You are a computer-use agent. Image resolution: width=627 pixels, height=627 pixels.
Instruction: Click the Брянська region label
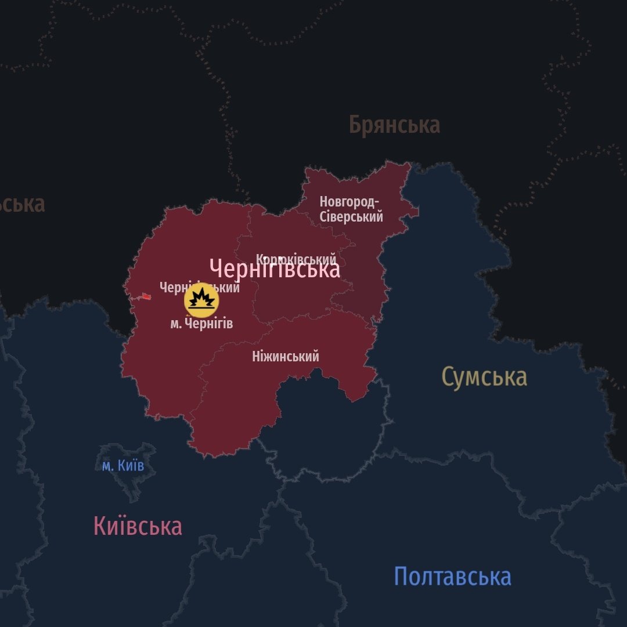(x=394, y=125)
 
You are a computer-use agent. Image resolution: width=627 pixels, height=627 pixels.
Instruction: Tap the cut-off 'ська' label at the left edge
(x=22, y=204)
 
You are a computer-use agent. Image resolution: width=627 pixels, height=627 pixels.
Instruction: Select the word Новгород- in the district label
(x=349, y=202)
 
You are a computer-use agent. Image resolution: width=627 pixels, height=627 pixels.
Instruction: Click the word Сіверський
(x=351, y=217)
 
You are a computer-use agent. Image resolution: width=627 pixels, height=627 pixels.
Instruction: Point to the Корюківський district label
(x=296, y=259)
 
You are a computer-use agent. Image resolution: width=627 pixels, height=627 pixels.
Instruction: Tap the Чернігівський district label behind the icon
(x=199, y=287)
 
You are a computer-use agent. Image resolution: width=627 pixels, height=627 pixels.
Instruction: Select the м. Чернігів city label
(x=201, y=324)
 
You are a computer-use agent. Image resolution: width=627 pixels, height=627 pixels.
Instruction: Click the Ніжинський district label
(x=286, y=356)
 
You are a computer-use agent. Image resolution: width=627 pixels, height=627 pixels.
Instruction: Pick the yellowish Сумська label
(x=484, y=376)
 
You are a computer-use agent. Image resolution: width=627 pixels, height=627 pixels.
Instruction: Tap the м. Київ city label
(x=123, y=466)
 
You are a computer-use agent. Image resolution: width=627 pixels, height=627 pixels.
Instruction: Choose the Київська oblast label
(x=138, y=526)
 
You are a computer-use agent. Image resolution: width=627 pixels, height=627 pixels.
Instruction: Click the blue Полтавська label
(x=452, y=577)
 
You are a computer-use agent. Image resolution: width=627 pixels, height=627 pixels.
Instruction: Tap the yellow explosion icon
(x=201, y=300)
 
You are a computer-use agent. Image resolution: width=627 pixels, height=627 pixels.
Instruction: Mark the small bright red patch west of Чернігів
(x=146, y=296)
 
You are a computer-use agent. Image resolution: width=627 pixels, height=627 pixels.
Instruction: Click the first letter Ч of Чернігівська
(x=216, y=269)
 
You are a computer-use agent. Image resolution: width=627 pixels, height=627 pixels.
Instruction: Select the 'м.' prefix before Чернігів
(x=175, y=324)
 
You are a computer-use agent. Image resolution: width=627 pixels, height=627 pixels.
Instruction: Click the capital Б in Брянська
(x=356, y=125)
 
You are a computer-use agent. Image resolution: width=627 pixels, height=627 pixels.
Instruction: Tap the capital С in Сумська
(x=447, y=376)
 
